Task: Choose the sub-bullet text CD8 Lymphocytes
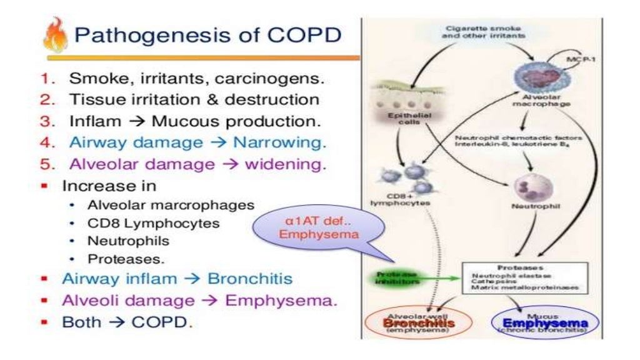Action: pyautogui.click(x=144, y=223)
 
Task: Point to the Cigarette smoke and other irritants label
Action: pyautogui.click(x=479, y=32)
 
